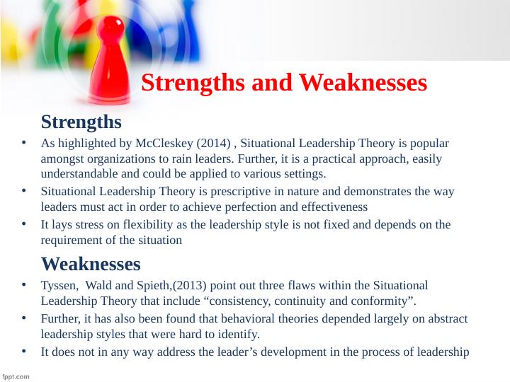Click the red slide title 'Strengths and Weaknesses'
coord(284,83)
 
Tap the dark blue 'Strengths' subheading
coord(81,122)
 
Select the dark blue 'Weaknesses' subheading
coord(91,264)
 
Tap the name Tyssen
coord(59,286)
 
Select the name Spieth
coord(153,286)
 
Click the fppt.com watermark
coord(16,377)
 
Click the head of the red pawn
coord(111,28)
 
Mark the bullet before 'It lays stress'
coord(24,224)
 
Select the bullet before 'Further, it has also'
coord(24,318)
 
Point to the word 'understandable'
coord(79,174)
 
